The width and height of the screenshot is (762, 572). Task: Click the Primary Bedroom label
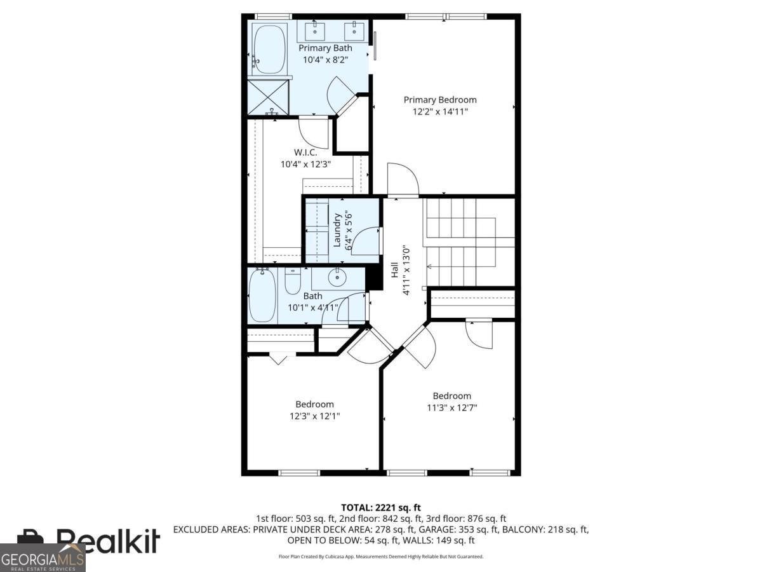click(x=440, y=100)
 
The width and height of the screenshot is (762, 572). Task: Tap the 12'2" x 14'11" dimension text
click(x=440, y=111)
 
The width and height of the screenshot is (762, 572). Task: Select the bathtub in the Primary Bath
click(x=270, y=48)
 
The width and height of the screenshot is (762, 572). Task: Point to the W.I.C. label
click(x=305, y=153)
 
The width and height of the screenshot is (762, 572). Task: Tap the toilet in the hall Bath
click(x=293, y=282)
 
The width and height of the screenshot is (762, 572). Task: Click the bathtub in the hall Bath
click(x=262, y=296)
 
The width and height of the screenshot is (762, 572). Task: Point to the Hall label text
click(x=394, y=269)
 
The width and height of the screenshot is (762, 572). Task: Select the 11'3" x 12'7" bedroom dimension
click(x=451, y=407)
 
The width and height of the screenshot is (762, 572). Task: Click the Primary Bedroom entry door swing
click(x=401, y=179)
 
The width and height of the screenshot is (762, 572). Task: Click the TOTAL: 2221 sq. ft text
click(x=380, y=507)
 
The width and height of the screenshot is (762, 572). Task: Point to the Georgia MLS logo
click(x=43, y=559)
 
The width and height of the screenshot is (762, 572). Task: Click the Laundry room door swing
click(x=367, y=240)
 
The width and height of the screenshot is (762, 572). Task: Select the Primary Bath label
click(x=324, y=48)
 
